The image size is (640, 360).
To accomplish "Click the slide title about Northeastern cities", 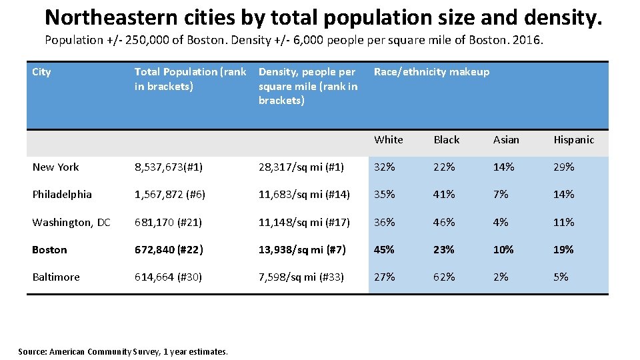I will (x=323, y=17).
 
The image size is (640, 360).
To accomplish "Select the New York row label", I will (x=55, y=167).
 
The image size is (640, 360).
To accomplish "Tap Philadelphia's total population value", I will (x=170, y=195).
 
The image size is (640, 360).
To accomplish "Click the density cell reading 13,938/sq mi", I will (x=302, y=250).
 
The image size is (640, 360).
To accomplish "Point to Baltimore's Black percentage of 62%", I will (x=444, y=277).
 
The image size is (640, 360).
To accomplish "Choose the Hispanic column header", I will (x=573, y=140).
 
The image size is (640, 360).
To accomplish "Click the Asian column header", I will (x=506, y=140).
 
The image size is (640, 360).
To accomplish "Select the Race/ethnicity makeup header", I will (x=431, y=72).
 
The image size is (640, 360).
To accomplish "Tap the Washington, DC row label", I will (x=71, y=223).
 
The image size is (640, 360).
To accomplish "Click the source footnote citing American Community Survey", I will (x=123, y=351).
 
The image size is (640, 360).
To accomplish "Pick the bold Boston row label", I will (x=49, y=250).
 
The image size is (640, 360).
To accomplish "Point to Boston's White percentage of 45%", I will (x=384, y=250).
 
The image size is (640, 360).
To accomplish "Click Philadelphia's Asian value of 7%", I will (x=500, y=195).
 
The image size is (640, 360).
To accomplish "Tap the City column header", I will (x=41, y=72).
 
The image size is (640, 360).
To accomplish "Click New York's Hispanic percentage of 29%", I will (x=563, y=167).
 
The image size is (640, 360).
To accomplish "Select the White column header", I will (x=389, y=140).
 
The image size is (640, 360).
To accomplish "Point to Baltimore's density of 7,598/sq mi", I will (x=301, y=277).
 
